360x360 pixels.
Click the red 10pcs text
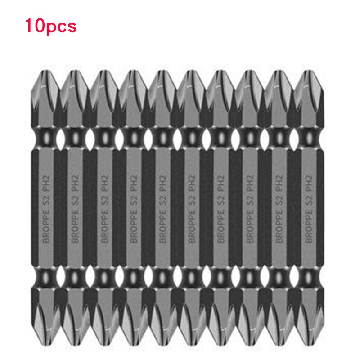(51, 26)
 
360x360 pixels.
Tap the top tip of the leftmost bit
(46, 72)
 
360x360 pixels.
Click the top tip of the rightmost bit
(310, 72)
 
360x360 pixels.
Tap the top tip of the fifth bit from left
(163, 72)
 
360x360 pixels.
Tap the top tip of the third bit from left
(105, 72)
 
